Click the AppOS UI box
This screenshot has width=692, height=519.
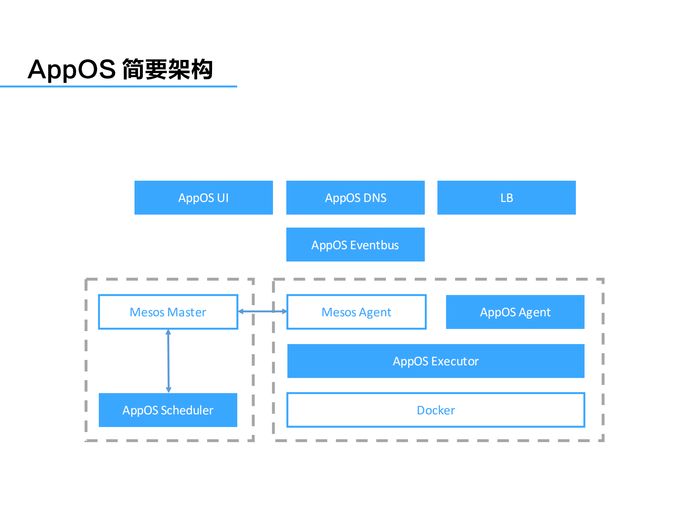[203, 198]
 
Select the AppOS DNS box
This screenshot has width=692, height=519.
[355, 198]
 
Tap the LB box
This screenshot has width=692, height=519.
[506, 198]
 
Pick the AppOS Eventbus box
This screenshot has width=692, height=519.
[355, 245]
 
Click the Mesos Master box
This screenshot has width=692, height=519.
[168, 312]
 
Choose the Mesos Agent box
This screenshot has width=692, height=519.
[356, 312]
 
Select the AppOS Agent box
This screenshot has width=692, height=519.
[515, 312]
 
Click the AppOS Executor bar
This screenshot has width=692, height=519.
[436, 361]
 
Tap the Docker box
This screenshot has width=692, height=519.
[436, 410]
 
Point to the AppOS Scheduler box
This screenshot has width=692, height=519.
[168, 410]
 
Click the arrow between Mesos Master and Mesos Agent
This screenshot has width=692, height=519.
[263, 311]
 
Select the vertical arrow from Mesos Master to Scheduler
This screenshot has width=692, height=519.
[168, 361]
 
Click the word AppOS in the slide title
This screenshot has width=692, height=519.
[71, 69]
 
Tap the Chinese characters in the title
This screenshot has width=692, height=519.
[168, 69]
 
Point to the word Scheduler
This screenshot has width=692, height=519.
[187, 410]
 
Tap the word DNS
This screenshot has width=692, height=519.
[375, 198]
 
